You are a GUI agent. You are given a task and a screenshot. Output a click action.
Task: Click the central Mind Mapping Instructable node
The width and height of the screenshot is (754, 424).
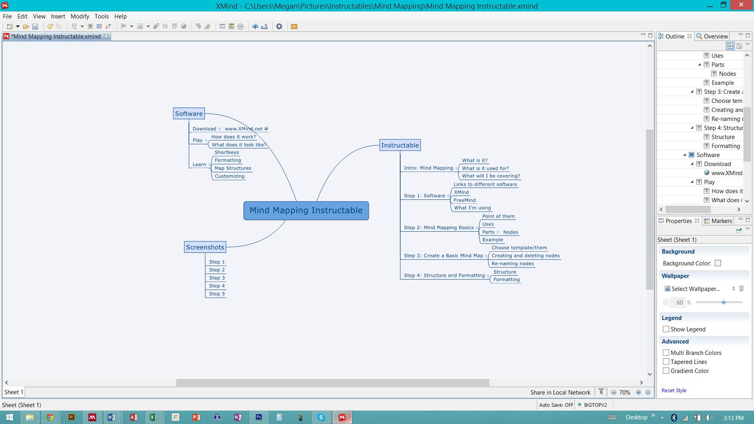pyautogui.click(x=306, y=210)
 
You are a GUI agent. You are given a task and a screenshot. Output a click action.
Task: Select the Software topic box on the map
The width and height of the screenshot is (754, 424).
pyautogui.click(x=189, y=113)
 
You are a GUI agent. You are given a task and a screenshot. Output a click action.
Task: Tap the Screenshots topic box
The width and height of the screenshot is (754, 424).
pyautogui.click(x=205, y=247)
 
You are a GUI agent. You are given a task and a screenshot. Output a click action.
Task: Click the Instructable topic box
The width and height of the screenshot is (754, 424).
pyautogui.click(x=400, y=145)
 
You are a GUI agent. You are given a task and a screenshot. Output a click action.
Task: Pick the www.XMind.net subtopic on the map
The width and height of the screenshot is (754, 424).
pyautogui.click(x=243, y=129)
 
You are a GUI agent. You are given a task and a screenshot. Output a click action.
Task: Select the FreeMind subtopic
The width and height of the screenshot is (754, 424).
pyautogui.click(x=465, y=200)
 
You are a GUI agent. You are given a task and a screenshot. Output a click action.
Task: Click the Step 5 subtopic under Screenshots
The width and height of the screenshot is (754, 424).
pyautogui.click(x=217, y=294)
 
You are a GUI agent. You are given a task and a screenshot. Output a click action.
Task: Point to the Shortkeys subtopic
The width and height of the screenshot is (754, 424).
pyautogui.click(x=227, y=152)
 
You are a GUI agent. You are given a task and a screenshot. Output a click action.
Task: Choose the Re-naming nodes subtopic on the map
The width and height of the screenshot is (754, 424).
pyautogui.click(x=512, y=264)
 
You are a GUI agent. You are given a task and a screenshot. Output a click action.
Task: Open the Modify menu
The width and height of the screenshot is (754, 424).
pyautogui.click(x=80, y=16)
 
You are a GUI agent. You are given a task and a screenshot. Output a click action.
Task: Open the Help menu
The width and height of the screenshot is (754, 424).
pyautogui.click(x=120, y=16)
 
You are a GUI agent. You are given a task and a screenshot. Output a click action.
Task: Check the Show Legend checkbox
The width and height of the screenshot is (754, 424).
pyautogui.click(x=666, y=329)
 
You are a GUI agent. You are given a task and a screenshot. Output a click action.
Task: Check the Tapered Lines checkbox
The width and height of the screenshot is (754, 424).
pyautogui.click(x=666, y=362)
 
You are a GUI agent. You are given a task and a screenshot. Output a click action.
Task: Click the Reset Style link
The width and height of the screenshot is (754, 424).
pyautogui.click(x=674, y=390)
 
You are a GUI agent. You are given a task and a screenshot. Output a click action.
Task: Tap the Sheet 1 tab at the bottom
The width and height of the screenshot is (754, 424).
pyautogui.click(x=14, y=392)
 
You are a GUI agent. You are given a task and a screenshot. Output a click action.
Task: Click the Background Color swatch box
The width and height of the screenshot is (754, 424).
pyautogui.click(x=718, y=263)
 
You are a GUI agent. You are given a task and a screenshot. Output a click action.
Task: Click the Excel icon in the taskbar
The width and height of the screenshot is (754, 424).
pyautogui.click(x=154, y=417)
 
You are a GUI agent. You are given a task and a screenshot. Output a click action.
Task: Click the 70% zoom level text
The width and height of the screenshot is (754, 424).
pyautogui.click(x=624, y=392)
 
